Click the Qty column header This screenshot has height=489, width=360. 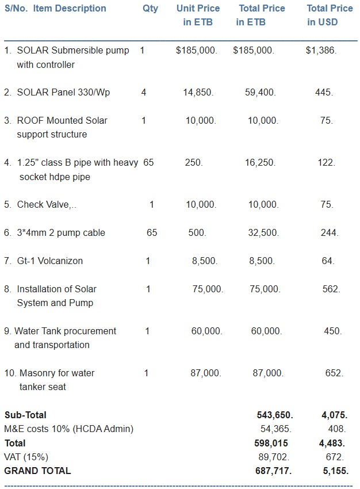(x=150, y=9)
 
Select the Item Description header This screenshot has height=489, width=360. (x=70, y=9)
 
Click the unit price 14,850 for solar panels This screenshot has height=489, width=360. (x=198, y=93)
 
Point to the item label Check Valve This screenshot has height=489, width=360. (x=47, y=205)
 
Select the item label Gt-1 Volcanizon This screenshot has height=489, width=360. (x=50, y=261)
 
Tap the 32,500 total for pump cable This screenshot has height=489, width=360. (x=262, y=233)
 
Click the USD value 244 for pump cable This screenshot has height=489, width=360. (x=330, y=233)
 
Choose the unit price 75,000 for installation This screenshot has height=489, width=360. (x=208, y=289)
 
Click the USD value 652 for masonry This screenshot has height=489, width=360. (x=334, y=373)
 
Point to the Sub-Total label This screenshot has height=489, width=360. (x=25, y=415)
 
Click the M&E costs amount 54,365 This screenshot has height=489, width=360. (x=276, y=429)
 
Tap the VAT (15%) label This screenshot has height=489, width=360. (x=26, y=457)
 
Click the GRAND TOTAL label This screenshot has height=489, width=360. (x=37, y=471)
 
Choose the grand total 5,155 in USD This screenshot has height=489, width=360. (x=334, y=471)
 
